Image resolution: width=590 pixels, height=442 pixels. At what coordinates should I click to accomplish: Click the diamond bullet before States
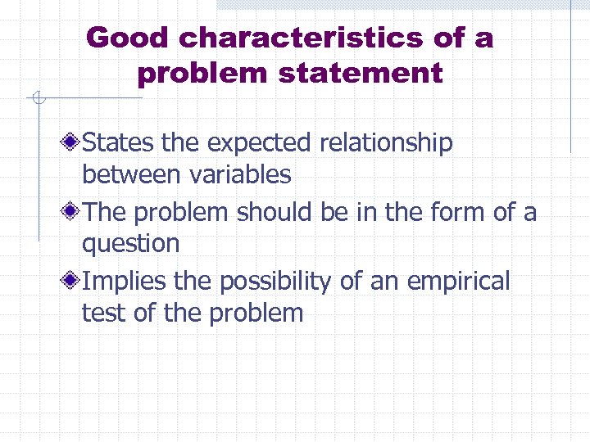(x=72, y=143)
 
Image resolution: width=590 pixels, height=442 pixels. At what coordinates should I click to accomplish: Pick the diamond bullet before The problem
(x=72, y=213)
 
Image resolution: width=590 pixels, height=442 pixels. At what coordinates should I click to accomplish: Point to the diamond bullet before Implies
(x=72, y=282)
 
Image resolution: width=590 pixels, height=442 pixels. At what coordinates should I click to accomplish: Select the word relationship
(x=385, y=143)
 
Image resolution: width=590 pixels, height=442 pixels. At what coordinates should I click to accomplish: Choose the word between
(x=132, y=174)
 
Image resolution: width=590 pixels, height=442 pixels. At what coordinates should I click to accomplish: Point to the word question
(x=130, y=244)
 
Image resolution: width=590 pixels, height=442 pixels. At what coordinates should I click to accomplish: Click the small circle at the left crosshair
(x=37, y=99)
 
